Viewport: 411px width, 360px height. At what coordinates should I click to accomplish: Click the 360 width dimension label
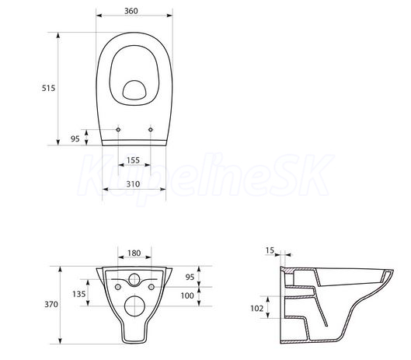tap(131, 11)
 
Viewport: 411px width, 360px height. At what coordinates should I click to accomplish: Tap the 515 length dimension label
tap(48, 88)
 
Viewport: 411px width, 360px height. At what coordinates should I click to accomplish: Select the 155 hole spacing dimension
tap(133, 160)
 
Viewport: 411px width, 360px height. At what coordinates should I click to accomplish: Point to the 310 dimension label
tap(133, 184)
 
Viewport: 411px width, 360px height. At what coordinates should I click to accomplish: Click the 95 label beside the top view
tap(75, 138)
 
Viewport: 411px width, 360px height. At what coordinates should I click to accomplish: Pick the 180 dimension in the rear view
tap(134, 253)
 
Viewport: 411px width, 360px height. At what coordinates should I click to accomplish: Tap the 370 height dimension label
tap(51, 304)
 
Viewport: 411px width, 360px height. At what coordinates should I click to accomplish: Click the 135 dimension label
tap(79, 294)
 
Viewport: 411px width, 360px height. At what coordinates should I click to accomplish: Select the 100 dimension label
tap(187, 295)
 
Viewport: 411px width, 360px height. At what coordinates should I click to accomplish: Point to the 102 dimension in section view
tap(257, 308)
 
